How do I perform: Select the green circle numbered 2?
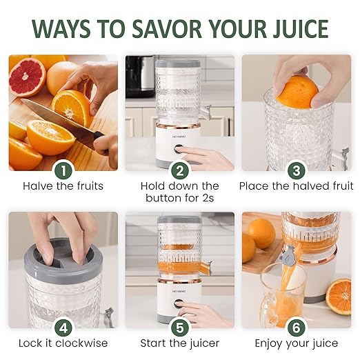pos(180,170)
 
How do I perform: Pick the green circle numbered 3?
pos(297,170)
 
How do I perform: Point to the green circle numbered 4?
pos(63,327)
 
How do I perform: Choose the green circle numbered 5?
pos(180,327)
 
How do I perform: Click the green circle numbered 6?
pos(297,327)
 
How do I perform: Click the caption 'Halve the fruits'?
pos(63,186)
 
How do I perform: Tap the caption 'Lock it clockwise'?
pos(63,343)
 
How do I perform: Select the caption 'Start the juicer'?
pos(180,343)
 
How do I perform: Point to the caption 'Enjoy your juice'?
pos(297,343)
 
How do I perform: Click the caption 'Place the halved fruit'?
pos(297,186)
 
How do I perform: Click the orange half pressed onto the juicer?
pos(298,92)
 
